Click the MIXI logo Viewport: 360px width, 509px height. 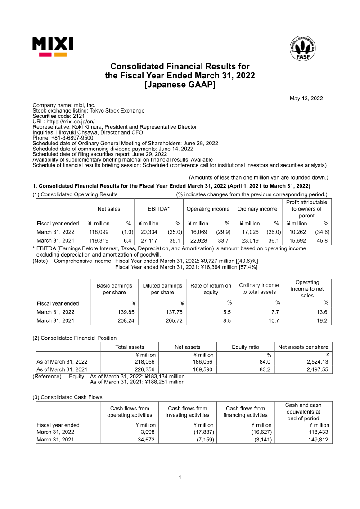coord(53,46)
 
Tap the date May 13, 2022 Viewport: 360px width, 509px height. coord(306,99)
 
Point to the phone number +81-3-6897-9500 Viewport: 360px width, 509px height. coord(72,138)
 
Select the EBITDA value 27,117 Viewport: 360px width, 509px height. coord(148,241)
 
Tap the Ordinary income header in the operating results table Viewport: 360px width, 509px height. coord(257,209)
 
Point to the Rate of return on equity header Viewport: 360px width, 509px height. coord(211,289)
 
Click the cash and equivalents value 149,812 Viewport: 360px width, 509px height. coord(319,440)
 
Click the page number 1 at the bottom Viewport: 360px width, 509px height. coord(180,477)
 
